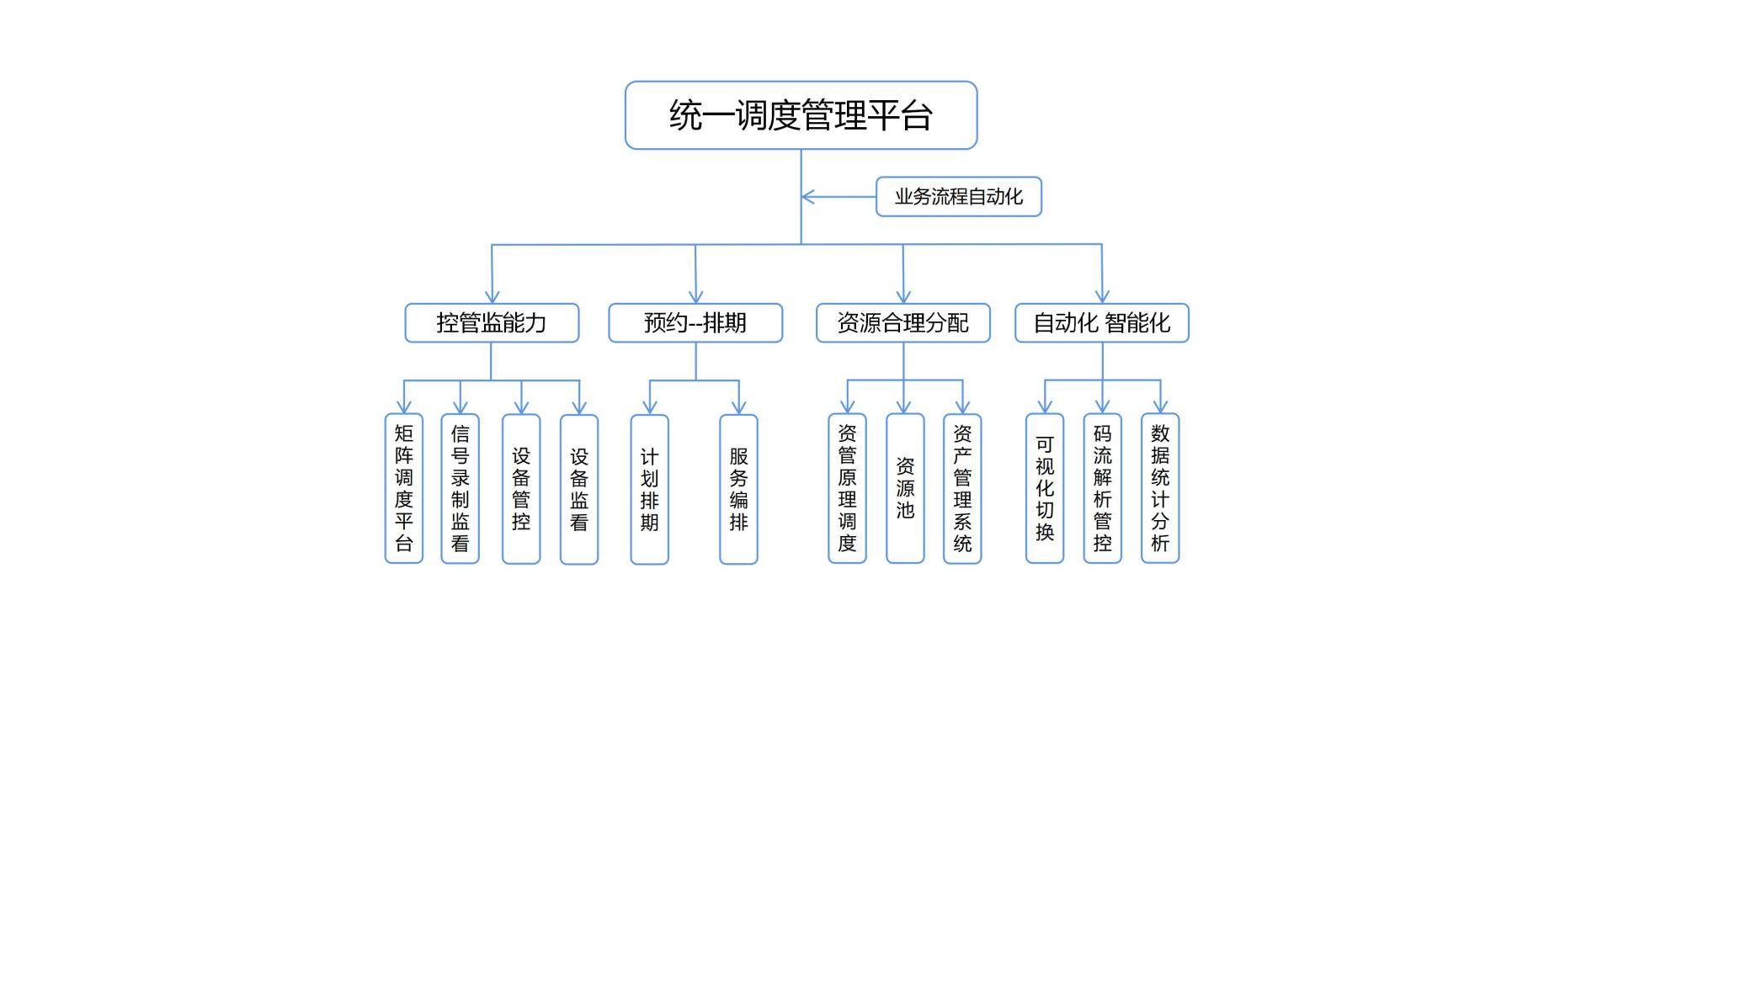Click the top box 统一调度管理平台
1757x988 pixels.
pyautogui.click(x=801, y=115)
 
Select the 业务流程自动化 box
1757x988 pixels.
pyautogui.click(x=959, y=197)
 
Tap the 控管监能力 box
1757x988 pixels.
pyautogui.click(x=492, y=323)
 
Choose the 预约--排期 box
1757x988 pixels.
pyautogui.click(x=695, y=323)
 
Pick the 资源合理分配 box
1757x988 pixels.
pyautogui.click(x=903, y=323)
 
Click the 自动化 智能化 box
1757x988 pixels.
pyautogui.click(x=1102, y=323)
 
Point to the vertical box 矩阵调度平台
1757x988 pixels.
pyautogui.click(x=404, y=488)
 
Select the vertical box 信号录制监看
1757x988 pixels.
pyautogui.click(x=461, y=488)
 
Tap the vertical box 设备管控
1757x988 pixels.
pyautogui.click(x=521, y=489)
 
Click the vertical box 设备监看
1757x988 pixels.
pyautogui.click(x=579, y=489)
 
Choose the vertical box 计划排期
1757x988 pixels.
pyautogui.click(x=650, y=489)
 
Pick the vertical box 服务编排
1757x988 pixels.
pyautogui.click(x=738, y=489)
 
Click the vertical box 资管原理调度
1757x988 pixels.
pyautogui.click(x=848, y=488)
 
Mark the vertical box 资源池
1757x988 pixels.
pyautogui.click(x=905, y=488)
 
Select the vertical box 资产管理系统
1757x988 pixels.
pyautogui.click(x=962, y=488)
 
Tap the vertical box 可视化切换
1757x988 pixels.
pyautogui.click(x=1045, y=488)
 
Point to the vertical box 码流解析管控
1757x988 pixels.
pyautogui.click(x=1103, y=488)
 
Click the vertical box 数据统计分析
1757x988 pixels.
pyautogui.click(x=1160, y=488)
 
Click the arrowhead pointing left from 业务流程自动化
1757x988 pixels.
pyautogui.click(x=808, y=197)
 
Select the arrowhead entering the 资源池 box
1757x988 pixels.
pyautogui.click(x=904, y=406)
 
